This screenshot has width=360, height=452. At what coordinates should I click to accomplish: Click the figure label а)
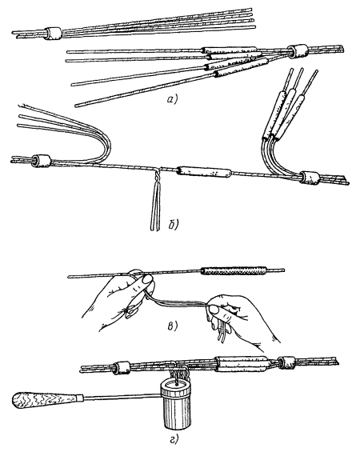point(173,99)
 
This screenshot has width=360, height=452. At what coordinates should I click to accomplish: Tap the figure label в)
point(172,326)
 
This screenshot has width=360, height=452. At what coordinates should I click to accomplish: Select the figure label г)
point(174,438)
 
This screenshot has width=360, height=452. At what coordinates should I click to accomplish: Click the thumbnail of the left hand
point(147,279)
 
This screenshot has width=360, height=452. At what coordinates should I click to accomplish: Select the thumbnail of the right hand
point(214,310)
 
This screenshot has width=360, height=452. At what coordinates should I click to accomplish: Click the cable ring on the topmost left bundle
point(53,33)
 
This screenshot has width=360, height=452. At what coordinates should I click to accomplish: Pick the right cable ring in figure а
point(299,51)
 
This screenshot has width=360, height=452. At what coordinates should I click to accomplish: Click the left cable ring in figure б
point(42,161)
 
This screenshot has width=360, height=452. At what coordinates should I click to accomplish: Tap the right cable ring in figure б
point(310,177)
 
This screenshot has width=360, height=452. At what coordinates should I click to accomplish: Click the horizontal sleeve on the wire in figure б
point(204,172)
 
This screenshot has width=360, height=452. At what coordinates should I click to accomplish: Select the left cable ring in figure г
point(122,367)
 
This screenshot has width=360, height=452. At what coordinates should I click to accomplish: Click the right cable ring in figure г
point(286,362)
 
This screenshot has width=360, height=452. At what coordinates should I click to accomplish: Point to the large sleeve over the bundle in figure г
point(242,365)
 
